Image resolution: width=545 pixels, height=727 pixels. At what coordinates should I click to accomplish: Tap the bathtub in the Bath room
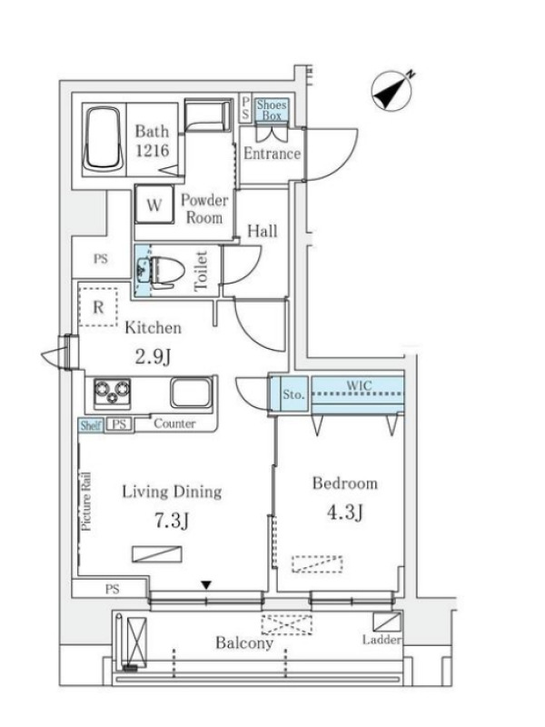(x=104, y=139)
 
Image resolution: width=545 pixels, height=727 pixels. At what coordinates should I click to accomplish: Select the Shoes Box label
(x=272, y=110)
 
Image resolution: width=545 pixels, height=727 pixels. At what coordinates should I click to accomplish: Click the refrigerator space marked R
(x=98, y=307)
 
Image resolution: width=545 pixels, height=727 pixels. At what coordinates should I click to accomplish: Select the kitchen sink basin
(x=192, y=393)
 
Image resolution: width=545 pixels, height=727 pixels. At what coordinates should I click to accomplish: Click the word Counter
(x=174, y=423)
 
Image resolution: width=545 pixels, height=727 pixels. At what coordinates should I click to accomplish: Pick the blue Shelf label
(x=90, y=425)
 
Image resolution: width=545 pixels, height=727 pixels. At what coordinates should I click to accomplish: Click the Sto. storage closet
(x=293, y=394)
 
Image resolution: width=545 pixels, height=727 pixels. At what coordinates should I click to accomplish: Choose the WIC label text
(x=359, y=385)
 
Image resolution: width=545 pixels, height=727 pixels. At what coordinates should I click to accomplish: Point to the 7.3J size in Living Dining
(x=172, y=521)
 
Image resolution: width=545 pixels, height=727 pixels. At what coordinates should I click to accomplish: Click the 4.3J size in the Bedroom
(x=345, y=512)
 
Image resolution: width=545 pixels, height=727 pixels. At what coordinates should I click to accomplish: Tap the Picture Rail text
(x=86, y=502)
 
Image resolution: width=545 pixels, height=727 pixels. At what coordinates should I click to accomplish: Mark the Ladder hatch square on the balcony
(x=387, y=622)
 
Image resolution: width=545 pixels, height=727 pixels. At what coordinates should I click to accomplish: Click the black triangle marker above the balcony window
(x=206, y=585)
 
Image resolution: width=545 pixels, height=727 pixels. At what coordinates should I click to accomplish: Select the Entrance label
(x=272, y=154)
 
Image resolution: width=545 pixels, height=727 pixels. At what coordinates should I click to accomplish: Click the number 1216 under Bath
(x=152, y=150)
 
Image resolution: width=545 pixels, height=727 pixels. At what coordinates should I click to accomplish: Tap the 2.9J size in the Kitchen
(x=154, y=356)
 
